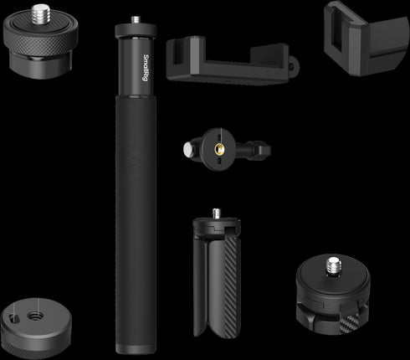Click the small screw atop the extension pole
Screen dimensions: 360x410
136,18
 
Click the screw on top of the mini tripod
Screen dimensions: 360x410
218,213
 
